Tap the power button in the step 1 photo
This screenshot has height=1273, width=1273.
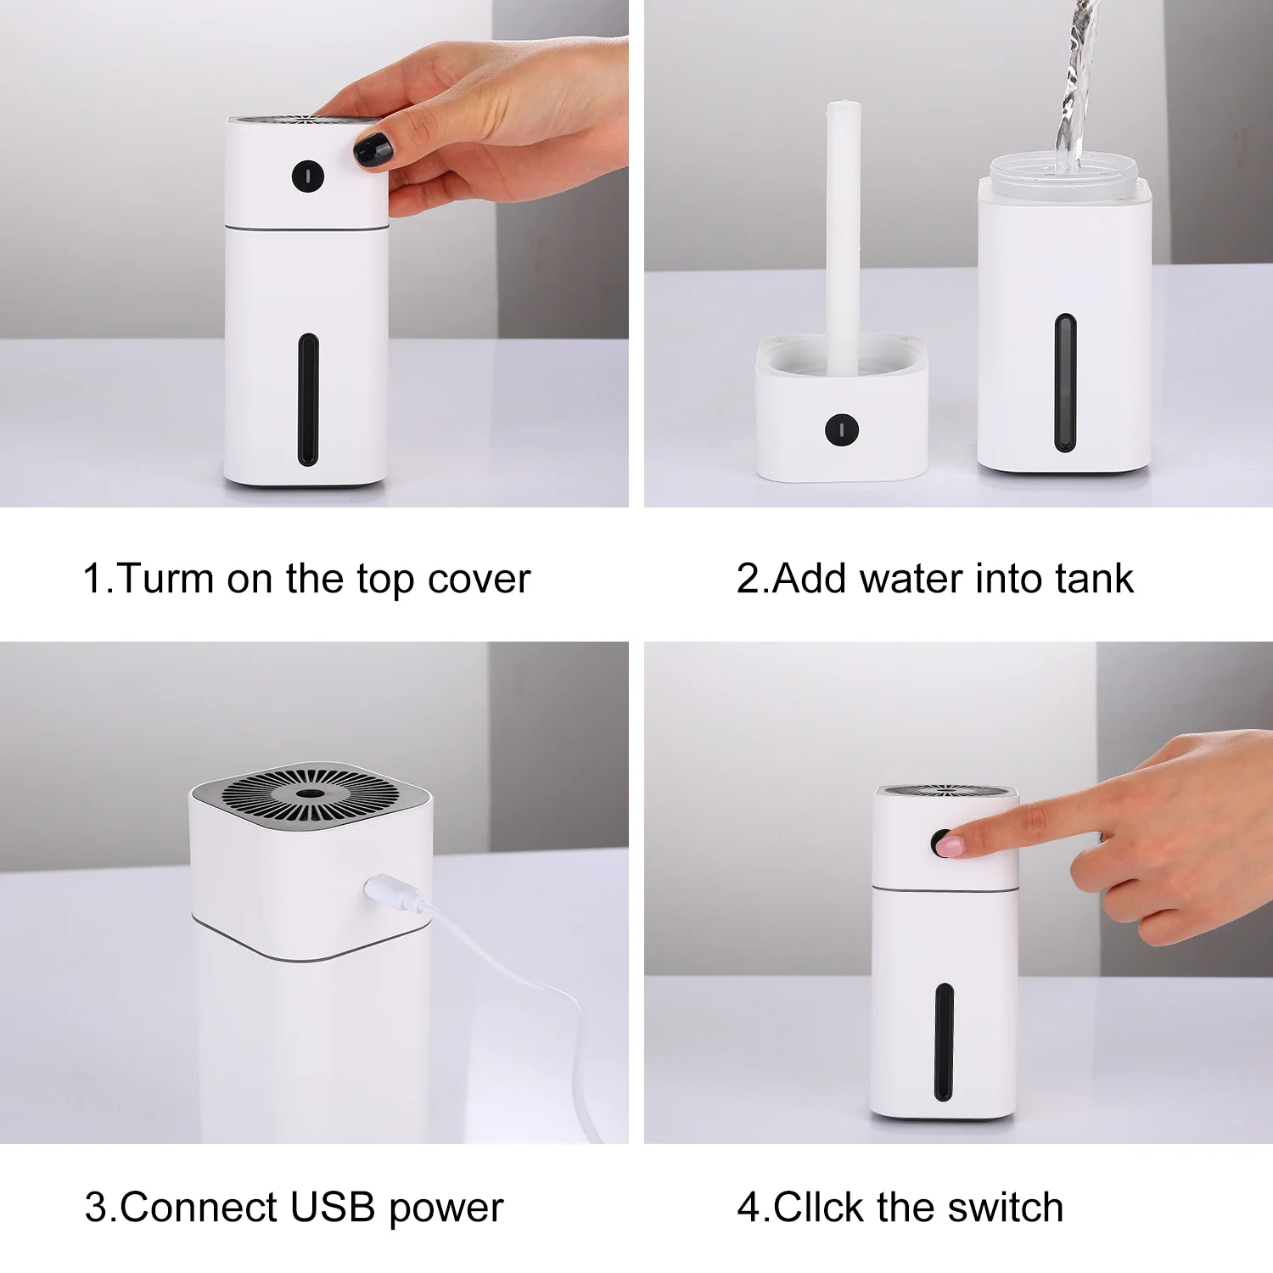[x=307, y=176]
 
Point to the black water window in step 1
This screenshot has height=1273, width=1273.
[x=307, y=400]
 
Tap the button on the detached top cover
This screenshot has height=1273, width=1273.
[x=841, y=429]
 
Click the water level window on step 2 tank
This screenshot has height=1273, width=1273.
[x=1065, y=383]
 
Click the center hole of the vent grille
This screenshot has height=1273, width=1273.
[x=310, y=794]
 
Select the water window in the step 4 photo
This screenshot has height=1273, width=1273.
[x=943, y=1042]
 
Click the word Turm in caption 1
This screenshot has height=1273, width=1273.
[x=165, y=579]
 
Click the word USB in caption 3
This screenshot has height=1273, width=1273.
[x=332, y=1207]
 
